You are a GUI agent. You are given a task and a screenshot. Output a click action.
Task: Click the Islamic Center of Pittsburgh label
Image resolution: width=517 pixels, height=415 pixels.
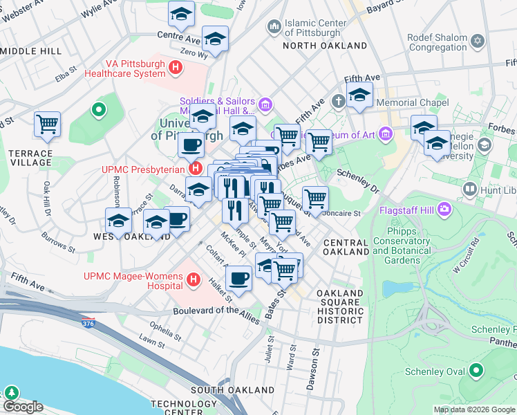tap(315, 27)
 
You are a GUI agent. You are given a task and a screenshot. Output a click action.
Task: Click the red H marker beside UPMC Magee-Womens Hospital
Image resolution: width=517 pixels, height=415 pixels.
tap(194, 280)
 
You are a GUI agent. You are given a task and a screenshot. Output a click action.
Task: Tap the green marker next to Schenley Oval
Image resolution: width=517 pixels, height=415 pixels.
tap(476, 371)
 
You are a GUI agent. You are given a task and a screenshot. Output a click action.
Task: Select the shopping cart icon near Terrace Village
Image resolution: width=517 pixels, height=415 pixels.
tap(47, 125)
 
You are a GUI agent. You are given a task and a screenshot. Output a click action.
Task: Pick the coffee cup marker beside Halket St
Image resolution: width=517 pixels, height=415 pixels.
tap(238, 279)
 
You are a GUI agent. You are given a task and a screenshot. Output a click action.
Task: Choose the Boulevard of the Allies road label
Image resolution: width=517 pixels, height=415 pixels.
tap(219, 311)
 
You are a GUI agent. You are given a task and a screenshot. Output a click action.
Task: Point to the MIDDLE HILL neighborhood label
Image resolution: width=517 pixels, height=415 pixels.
tap(31, 51)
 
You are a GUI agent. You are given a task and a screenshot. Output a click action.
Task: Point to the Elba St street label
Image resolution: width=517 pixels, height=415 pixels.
tap(66, 72)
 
